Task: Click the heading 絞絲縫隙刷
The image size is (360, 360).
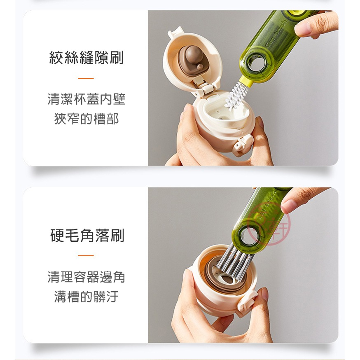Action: click(x=86, y=58)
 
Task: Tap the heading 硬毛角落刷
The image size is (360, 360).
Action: click(x=86, y=236)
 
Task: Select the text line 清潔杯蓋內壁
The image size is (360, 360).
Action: click(x=86, y=99)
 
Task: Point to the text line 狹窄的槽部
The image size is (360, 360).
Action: click(x=86, y=119)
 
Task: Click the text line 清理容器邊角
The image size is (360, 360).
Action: click(x=86, y=277)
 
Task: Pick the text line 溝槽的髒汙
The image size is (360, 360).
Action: click(x=86, y=296)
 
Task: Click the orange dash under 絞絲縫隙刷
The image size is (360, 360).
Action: click(x=86, y=78)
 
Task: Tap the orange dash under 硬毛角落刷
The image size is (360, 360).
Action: click(x=86, y=256)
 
